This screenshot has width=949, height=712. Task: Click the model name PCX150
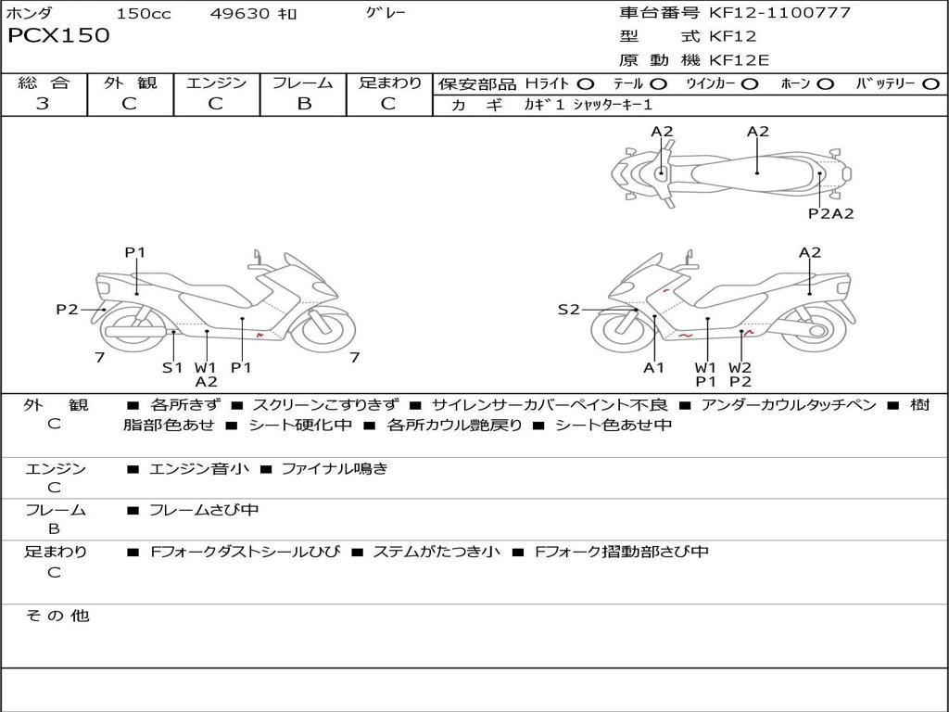pos(58,36)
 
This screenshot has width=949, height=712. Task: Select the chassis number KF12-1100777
pos(779,13)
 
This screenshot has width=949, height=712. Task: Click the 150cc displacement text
pos(144,14)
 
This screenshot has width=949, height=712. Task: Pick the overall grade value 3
pos(43,104)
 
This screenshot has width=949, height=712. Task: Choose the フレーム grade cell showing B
pos(303,104)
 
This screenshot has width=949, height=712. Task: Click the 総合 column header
pos(44,83)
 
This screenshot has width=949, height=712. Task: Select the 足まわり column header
pos(389,83)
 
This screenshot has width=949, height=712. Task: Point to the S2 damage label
pos(568,310)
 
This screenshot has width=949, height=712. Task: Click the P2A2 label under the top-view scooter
pos(830,213)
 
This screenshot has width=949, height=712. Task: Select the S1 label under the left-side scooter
pos(172,367)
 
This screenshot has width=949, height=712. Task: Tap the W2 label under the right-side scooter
pos(740,367)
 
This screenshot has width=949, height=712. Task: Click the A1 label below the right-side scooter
pos(654,367)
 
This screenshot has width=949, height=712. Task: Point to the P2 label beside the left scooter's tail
pos(67,310)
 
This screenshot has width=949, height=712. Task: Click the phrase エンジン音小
pos(199,469)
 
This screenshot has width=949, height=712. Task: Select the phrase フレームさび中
pos(204,510)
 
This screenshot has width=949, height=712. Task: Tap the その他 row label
pos(57,616)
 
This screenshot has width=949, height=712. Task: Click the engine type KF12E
pos(739,60)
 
